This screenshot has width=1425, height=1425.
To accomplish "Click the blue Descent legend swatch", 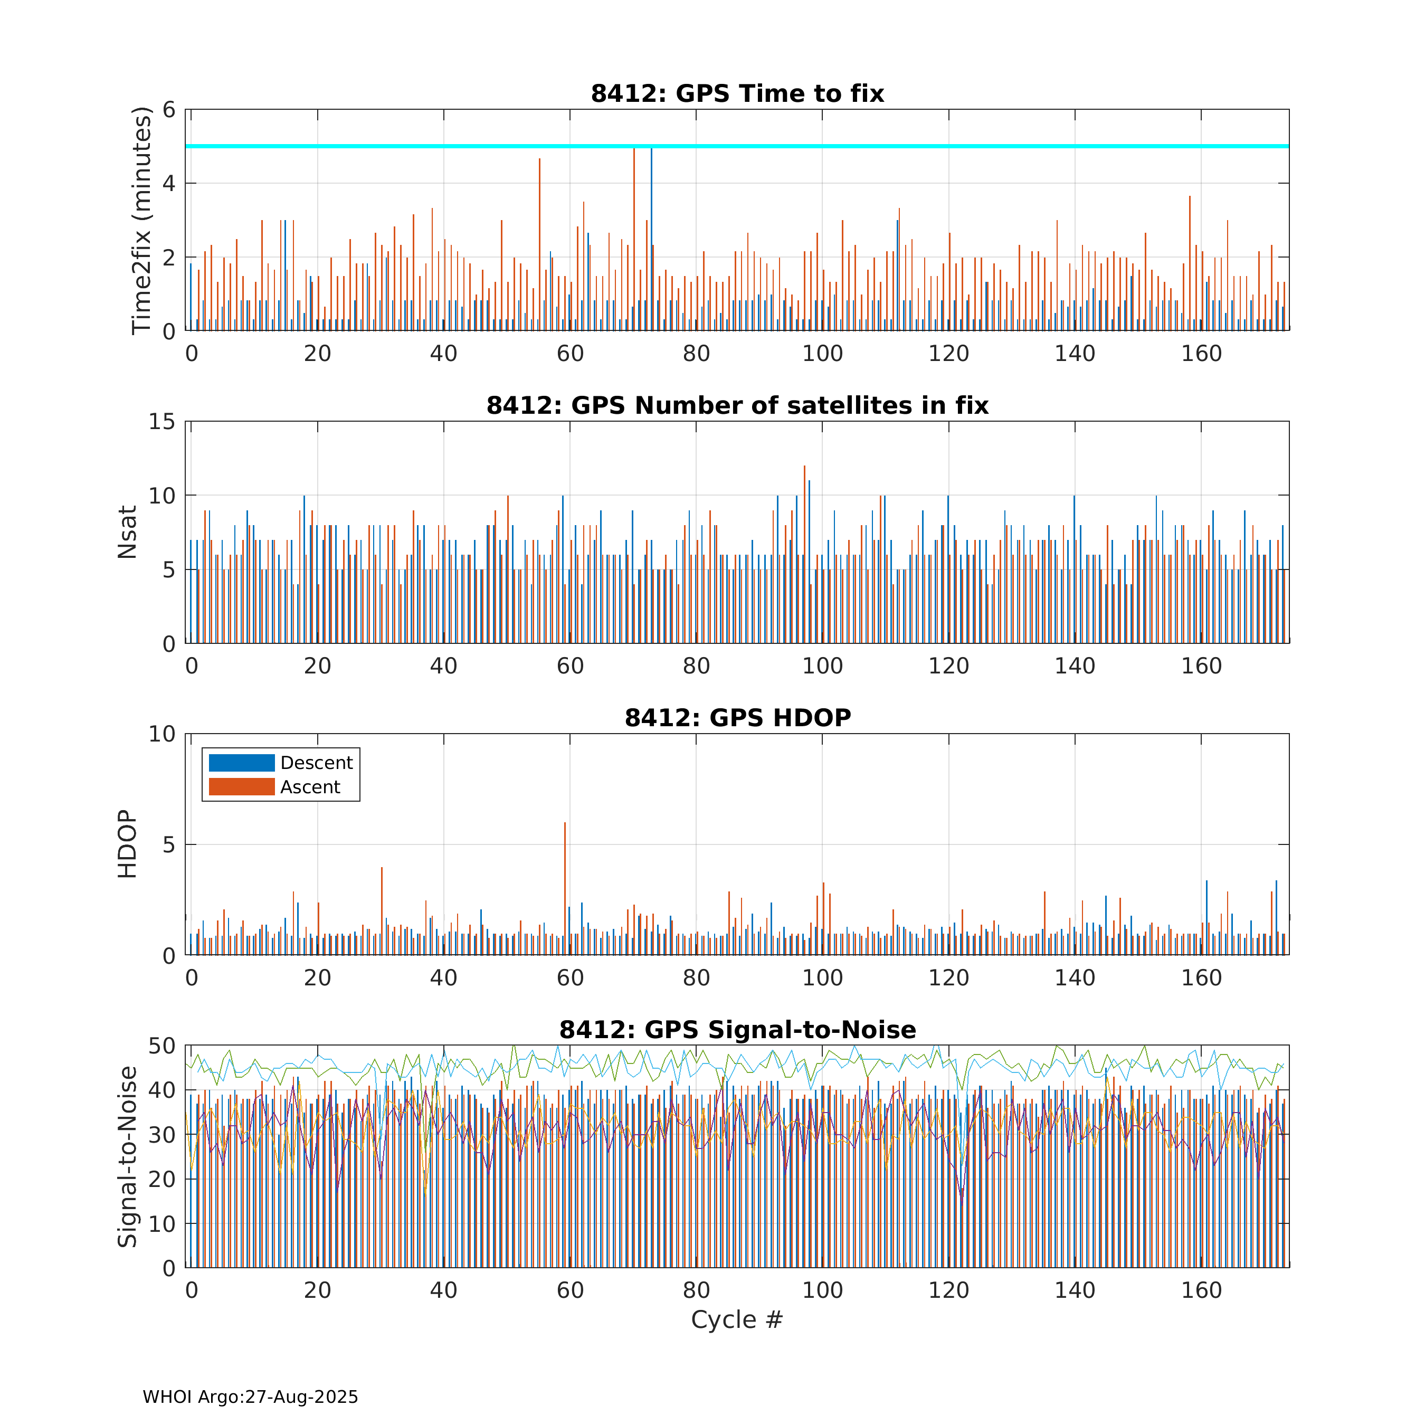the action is click(242, 763).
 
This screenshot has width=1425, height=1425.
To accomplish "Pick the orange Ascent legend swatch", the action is click(242, 787).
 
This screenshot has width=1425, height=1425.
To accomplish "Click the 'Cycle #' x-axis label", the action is click(737, 1319).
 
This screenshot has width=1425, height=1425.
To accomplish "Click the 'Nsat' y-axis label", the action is click(128, 533).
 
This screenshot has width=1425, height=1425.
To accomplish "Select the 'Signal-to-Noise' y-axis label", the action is click(128, 1156).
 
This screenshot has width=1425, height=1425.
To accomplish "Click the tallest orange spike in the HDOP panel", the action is click(565, 888).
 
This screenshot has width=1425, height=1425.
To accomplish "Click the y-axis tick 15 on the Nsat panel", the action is click(162, 422).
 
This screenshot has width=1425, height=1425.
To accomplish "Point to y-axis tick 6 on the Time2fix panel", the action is click(169, 110).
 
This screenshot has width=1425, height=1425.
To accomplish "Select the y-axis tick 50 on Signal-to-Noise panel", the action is click(162, 1046).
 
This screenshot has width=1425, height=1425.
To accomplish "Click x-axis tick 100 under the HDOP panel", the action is click(822, 978).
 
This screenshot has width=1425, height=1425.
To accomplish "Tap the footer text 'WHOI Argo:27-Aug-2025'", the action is click(250, 1397).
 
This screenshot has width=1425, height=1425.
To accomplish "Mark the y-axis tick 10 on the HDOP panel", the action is click(162, 734).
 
